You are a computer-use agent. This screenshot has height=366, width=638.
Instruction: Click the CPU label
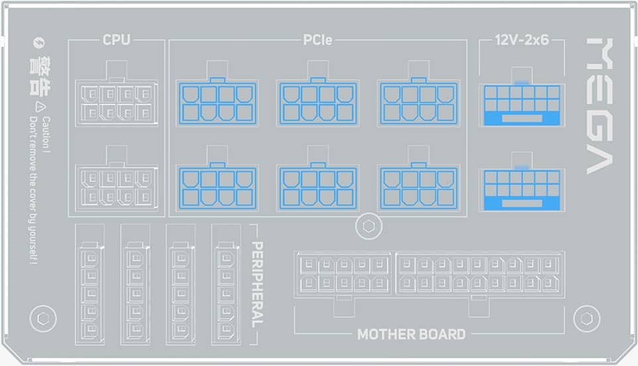click(116, 40)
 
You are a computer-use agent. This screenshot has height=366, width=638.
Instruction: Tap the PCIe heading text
click(318, 40)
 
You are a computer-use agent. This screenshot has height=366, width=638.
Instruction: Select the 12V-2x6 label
click(521, 40)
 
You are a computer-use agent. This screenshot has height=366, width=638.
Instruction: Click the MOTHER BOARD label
click(411, 334)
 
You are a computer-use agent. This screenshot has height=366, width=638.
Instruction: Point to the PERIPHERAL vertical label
click(258, 284)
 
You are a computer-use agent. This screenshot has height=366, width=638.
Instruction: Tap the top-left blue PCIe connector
click(217, 103)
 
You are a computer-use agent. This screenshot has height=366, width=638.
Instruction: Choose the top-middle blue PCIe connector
click(318, 103)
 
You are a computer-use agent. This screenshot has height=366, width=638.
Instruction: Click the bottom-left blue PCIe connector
click(217, 188)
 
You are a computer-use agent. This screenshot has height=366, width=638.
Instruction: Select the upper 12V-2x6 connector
click(521, 105)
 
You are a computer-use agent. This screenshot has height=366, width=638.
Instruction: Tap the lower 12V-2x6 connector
click(521, 190)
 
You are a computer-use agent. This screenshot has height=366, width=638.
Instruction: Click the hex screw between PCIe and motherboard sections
click(368, 226)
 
